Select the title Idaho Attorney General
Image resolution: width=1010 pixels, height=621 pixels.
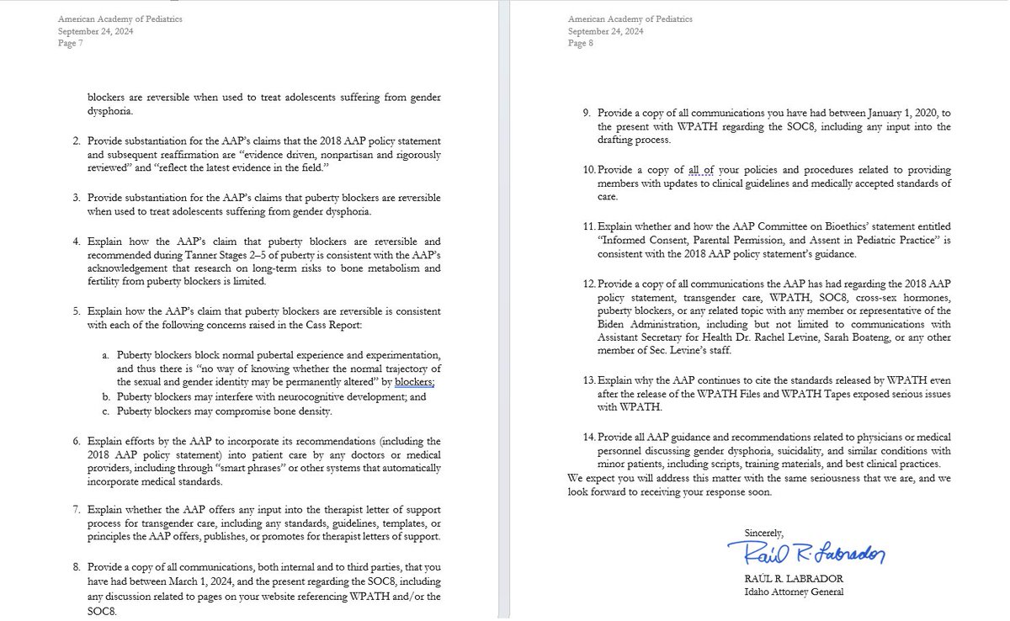[x=794, y=592]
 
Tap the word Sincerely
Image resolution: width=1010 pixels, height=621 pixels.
[x=763, y=533]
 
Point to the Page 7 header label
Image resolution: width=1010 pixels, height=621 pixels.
[x=70, y=44]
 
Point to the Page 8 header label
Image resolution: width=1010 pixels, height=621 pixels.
[x=581, y=44]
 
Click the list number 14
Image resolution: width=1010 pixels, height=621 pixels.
[x=588, y=437]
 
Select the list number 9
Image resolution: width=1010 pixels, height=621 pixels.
[x=587, y=113]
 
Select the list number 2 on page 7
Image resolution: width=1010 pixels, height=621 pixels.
[x=76, y=140]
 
